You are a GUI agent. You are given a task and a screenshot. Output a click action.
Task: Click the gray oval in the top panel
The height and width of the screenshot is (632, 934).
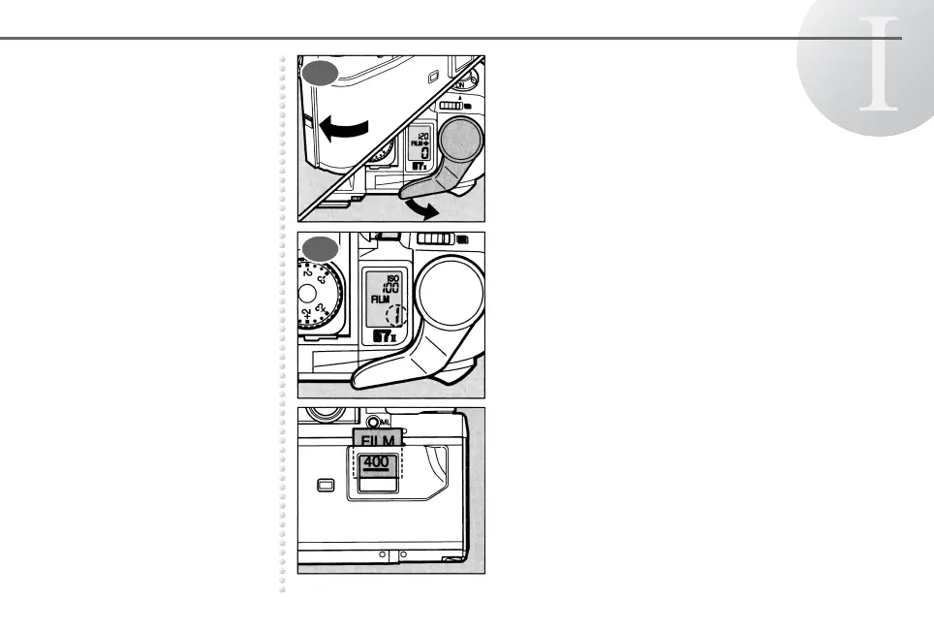pos(320,74)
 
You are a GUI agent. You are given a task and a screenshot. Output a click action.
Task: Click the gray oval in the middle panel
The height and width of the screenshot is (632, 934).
pos(320,249)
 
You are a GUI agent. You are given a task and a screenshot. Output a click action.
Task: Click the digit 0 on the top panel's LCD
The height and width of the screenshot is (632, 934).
pos(424,153)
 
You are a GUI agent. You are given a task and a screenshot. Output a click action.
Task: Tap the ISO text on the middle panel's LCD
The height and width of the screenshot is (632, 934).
pos(392,278)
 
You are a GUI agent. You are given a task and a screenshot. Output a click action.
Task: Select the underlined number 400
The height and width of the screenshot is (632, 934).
pos(375,462)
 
